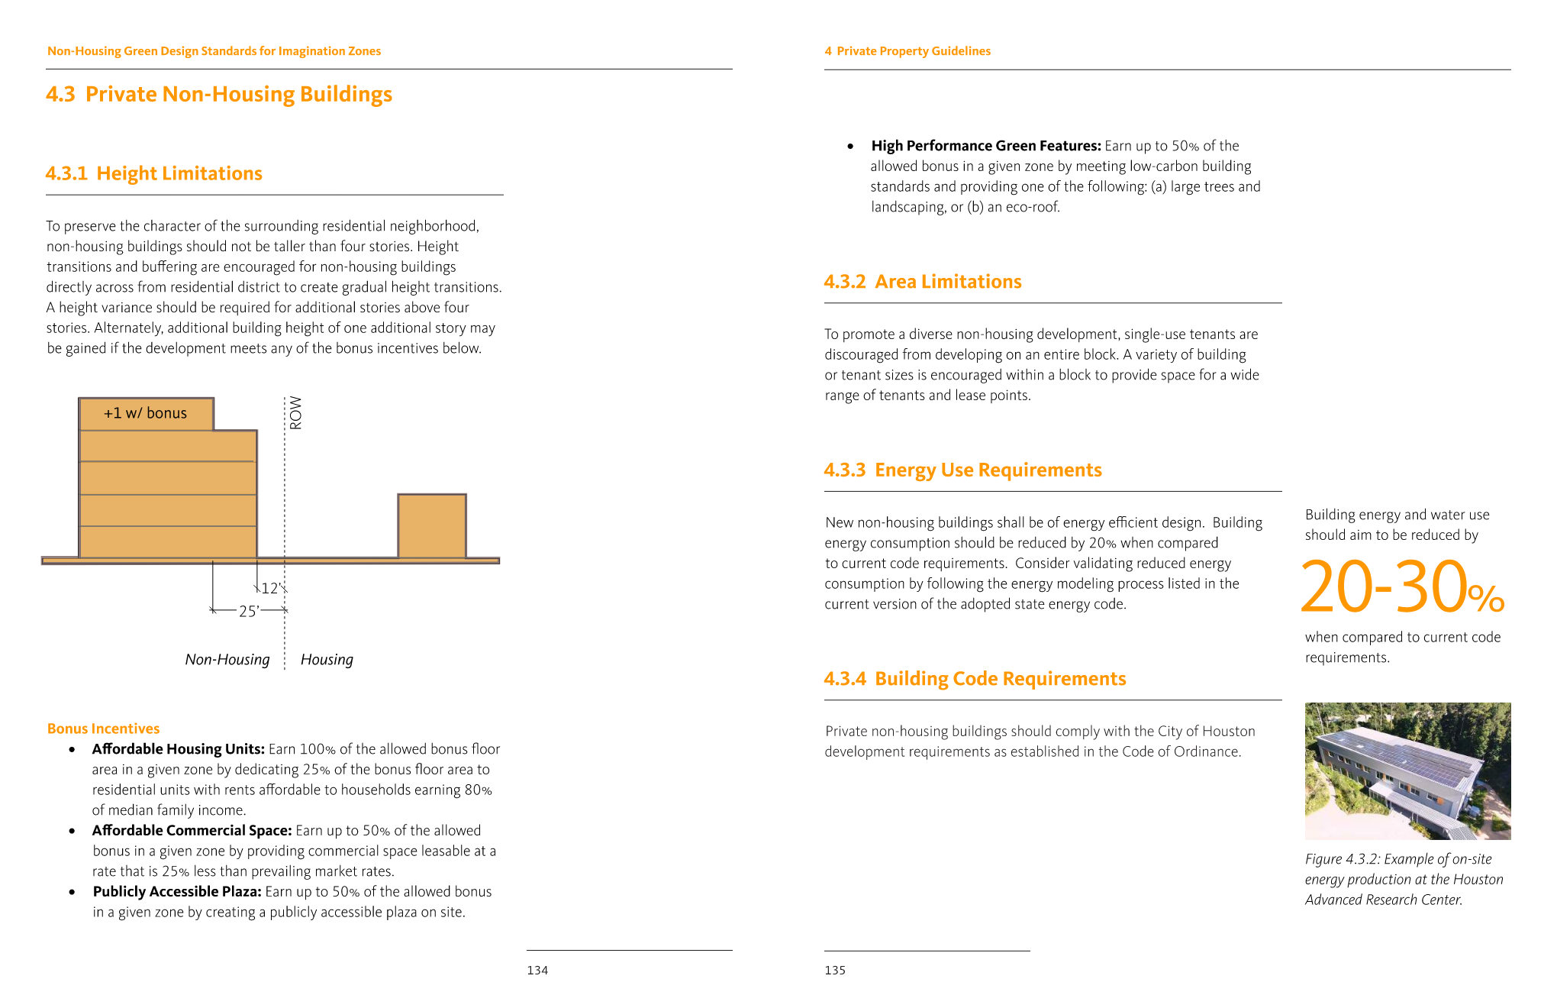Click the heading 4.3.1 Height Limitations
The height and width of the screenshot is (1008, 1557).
[x=153, y=173]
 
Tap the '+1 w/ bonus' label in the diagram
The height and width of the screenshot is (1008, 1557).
[x=145, y=413]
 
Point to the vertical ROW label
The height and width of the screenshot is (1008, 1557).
[x=295, y=413]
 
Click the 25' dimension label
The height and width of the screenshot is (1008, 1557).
[x=249, y=611]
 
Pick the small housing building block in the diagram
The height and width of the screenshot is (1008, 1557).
[x=432, y=526]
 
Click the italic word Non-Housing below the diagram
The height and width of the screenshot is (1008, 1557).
[x=227, y=660]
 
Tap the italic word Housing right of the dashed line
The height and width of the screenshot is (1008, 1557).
[x=327, y=660]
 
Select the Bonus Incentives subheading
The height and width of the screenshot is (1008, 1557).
[x=103, y=729]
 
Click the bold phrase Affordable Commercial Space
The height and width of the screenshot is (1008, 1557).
[x=192, y=830]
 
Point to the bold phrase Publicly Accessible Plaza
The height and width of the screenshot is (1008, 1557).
[x=177, y=891]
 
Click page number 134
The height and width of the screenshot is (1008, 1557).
[x=537, y=970]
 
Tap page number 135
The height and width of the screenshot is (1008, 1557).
[x=835, y=970]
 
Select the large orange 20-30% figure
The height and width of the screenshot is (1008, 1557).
[x=1401, y=587]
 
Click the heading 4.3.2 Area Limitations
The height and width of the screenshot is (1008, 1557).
[x=922, y=282]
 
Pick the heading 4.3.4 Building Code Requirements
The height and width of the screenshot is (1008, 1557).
[x=975, y=679]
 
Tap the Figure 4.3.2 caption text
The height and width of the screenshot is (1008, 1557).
[x=1403, y=879]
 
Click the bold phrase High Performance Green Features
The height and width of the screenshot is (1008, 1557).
[x=986, y=146]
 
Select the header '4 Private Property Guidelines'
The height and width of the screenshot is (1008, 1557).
[x=907, y=51]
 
